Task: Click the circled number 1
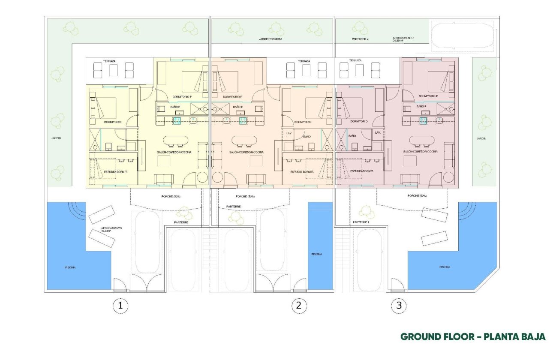pos(120,306)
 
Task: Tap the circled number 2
pos(299,306)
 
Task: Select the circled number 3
pos(399,306)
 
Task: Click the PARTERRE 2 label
pos(360,39)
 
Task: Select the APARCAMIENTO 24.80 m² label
pos(403,39)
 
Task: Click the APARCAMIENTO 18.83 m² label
pos(111,229)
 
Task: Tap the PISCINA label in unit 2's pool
pos(316,254)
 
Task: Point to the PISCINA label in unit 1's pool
pos(71,267)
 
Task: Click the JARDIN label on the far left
pos(56,138)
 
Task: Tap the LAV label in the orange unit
pos(289,133)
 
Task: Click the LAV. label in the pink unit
pos(378,133)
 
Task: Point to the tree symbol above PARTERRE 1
pos(367,210)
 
